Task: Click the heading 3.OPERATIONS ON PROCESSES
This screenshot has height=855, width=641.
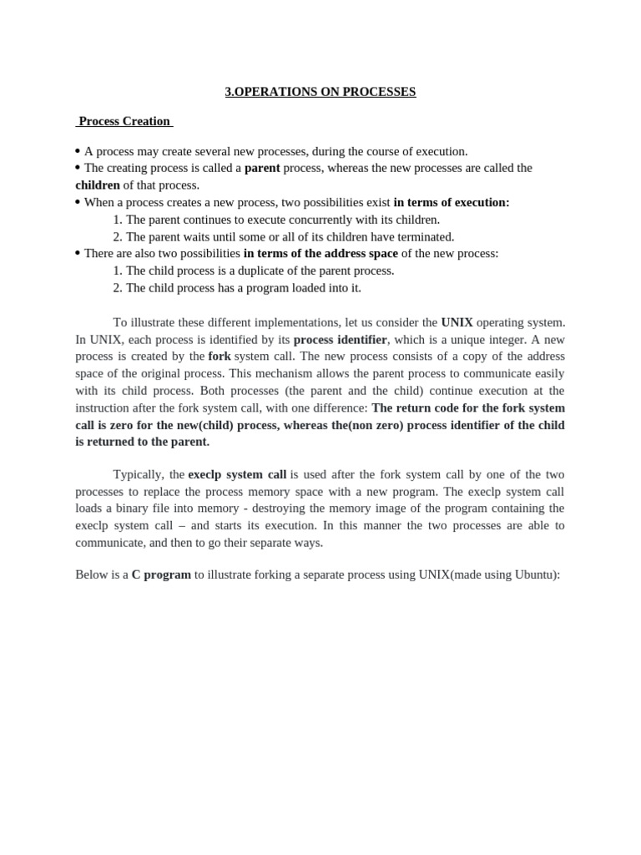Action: [x=320, y=92]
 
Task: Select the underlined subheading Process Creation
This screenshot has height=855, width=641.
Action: [x=124, y=121]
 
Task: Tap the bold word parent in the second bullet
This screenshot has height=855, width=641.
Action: [x=262, y=168]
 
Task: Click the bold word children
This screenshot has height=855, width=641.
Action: [x=98, y=185]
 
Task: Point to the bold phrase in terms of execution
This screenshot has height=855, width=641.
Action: [x=451, y=202]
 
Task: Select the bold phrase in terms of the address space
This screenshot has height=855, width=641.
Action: [x=320, y=253]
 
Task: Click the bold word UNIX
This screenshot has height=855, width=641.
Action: [x=457, y=322]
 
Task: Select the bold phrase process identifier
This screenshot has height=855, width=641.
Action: [x=340, y=340]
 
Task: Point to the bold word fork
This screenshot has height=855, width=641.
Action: [x=220, y=357]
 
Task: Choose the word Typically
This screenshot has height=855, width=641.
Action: [x=139, y=474]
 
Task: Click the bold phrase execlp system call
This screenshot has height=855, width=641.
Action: [x=237, y=474]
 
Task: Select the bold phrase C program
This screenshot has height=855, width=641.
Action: [x=161, y=575]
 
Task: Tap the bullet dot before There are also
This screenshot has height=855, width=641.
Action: [x=78, y=253]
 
